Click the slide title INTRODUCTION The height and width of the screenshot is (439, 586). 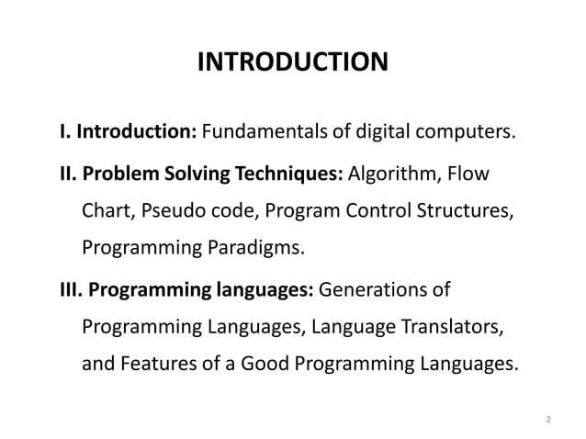pos(293,62)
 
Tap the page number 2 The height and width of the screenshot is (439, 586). pos(548,420)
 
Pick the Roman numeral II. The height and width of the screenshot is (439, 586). pos(67,174)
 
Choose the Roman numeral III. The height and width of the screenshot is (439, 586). pos(70,291)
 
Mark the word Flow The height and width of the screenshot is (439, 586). pos(468,174)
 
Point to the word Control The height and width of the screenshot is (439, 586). pos(389,213)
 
